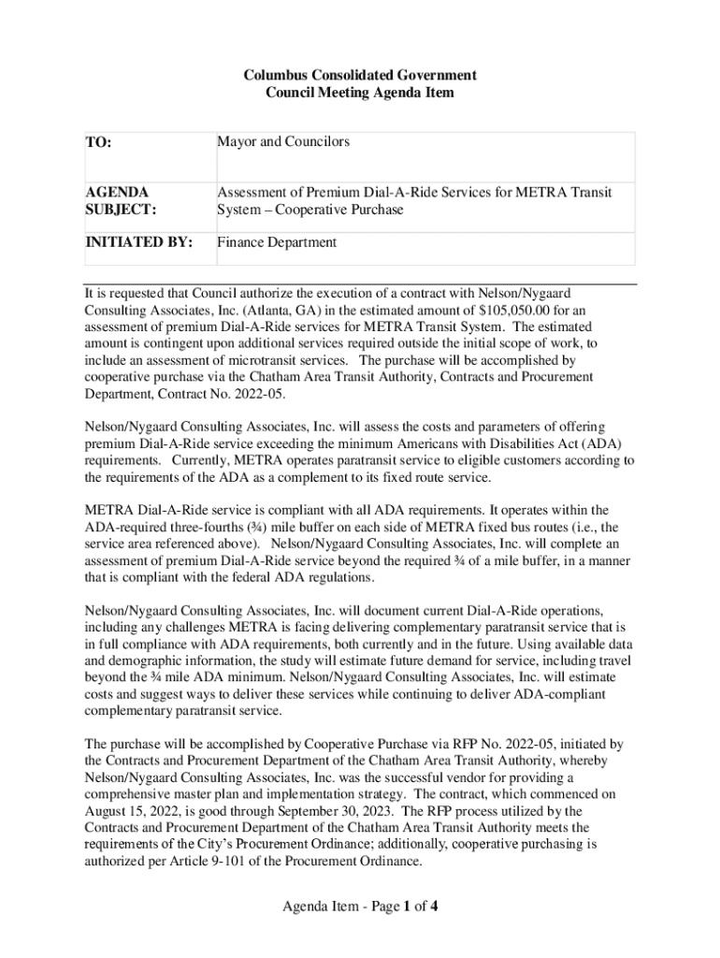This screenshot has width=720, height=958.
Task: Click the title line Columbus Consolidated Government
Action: pos(360,74)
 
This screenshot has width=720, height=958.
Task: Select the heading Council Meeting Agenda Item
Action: pos(360,93)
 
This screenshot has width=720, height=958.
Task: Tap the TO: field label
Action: pos(98,143)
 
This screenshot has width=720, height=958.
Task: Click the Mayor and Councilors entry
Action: pos(283,141)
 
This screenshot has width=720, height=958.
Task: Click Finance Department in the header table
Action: pos(277,242)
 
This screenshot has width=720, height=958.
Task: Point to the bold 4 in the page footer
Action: pos(435,906)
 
